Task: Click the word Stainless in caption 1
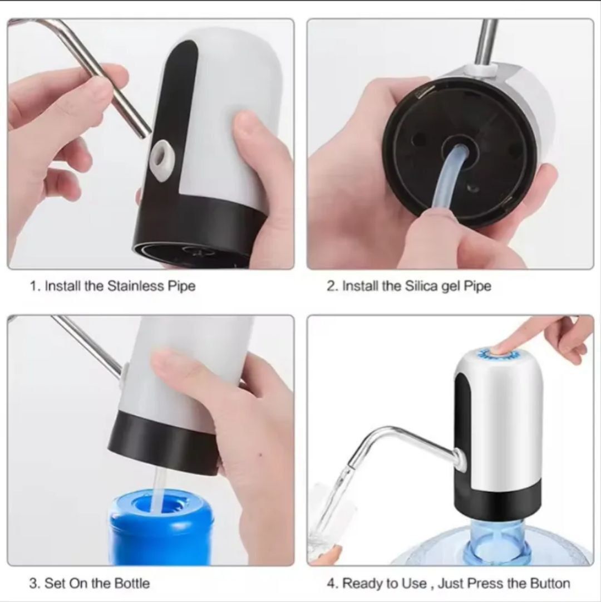(x=135, y=286)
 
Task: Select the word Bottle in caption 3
(x=131, y=584)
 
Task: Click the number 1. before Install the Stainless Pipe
(x=35, y=286)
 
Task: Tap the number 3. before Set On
(x=35, y=584)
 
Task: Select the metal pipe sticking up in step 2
(x=488, y=42)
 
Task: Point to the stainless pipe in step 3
(x=89, y=345)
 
